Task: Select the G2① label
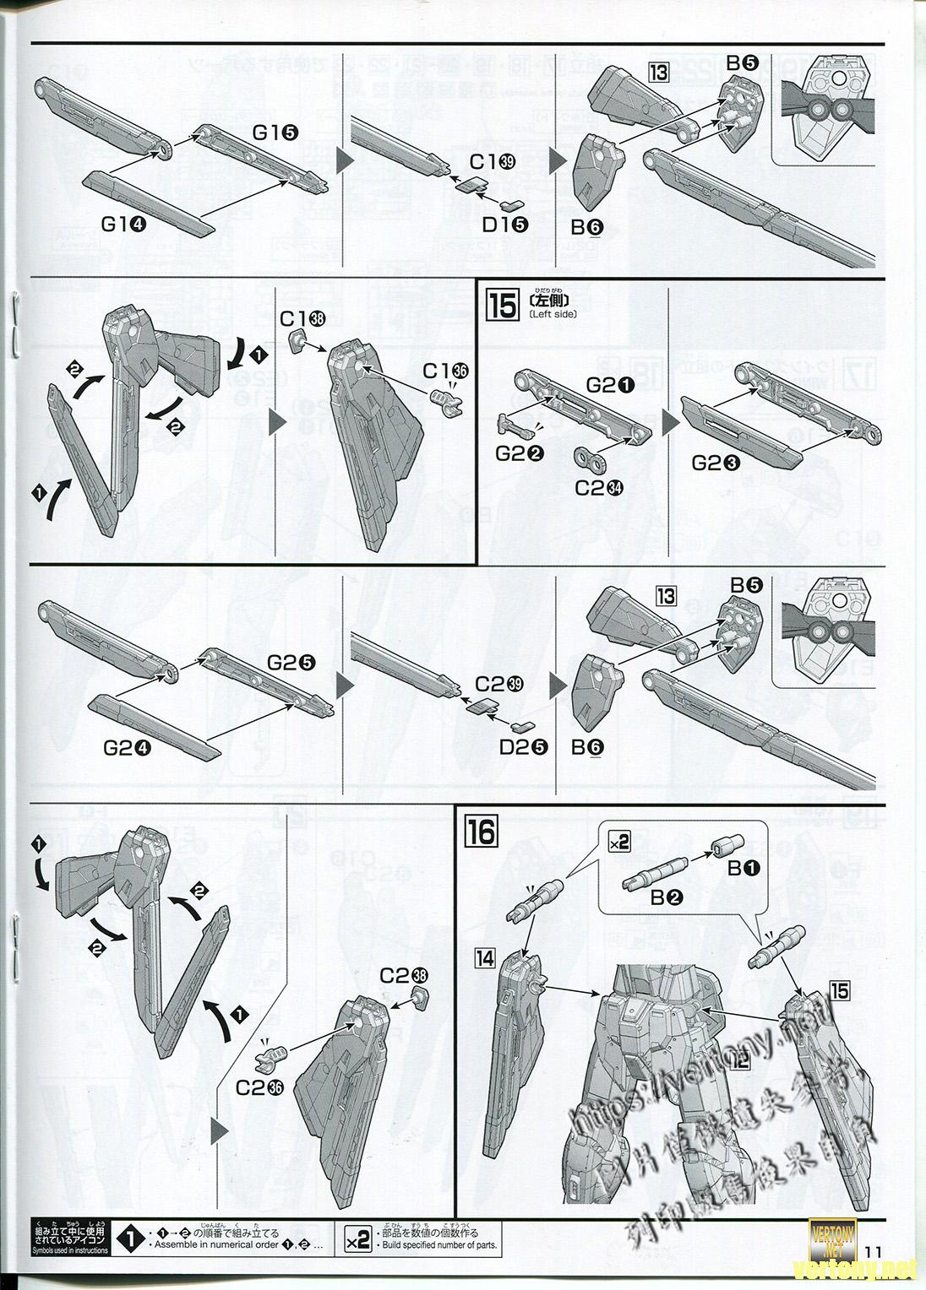click(x=613, y=385)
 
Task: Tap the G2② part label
click(x=519, y=453)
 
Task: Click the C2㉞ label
click(x=596, y=487)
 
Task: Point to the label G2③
click(x=716, y=463)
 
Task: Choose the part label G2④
click(x=127, y=745)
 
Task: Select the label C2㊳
click(x=404, y=974)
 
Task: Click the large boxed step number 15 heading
click(x=503, y=306)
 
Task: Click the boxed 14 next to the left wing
click(x=485, y=957)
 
